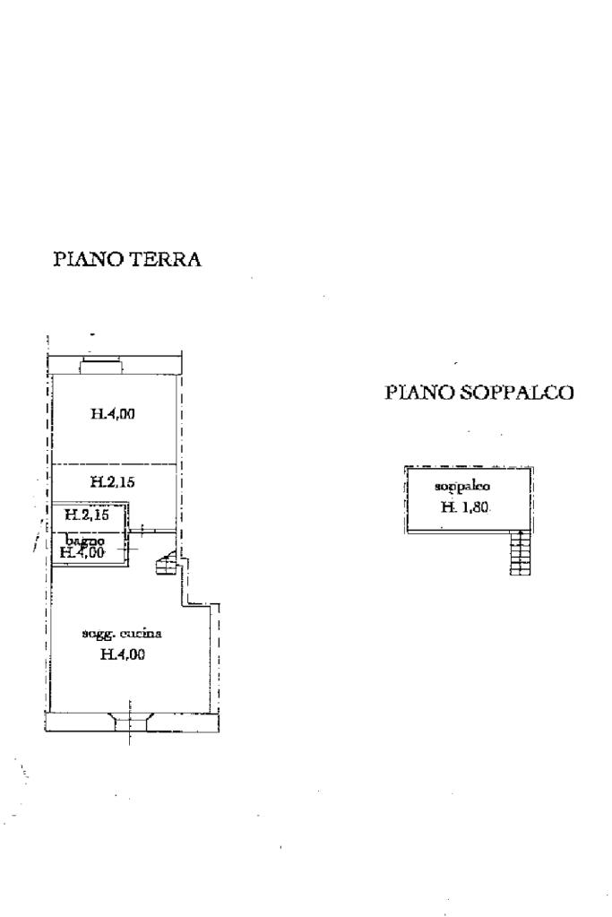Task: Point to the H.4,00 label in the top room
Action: [113, 414]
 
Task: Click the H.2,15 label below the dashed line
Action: [113, 482]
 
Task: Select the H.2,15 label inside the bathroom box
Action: [87, 515]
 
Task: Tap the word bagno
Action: [85, 541]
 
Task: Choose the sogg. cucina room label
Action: [123, 634]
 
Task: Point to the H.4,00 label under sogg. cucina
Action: [123, 654]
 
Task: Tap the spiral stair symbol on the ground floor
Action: [166, 566]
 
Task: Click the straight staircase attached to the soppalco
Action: [520, 552]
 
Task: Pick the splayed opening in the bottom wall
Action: [131, 717]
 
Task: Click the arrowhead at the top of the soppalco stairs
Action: [520, 534]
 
